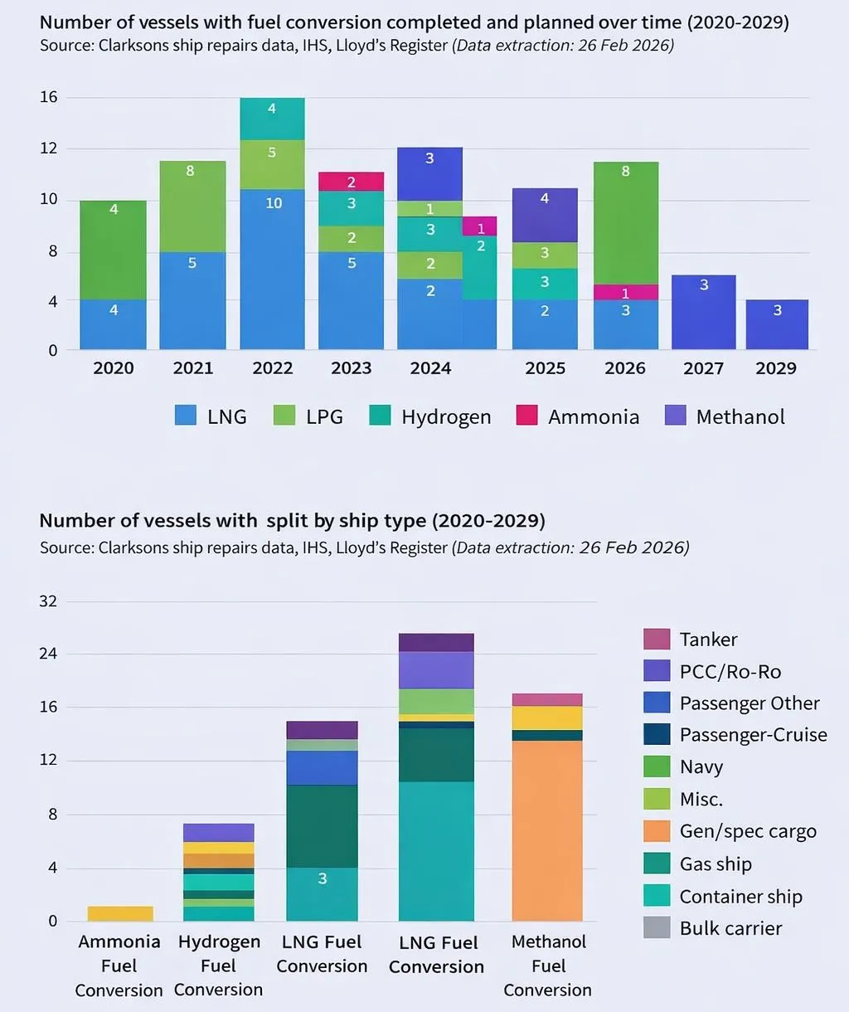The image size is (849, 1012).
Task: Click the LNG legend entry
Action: click(x=211, y=416)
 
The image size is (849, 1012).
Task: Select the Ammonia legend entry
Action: click(x=578, y=416)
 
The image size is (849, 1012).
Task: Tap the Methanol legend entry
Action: click(x=725, y=416)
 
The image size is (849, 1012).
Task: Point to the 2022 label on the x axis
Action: click(x=273, y=368)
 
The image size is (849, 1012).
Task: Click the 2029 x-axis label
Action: click(x=776, y=368)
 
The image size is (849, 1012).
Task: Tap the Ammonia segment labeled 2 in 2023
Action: click(x=352, y=182)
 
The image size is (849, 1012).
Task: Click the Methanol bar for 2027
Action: click(x=704, y=312)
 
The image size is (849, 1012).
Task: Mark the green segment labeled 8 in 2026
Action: click(x=626, y=222)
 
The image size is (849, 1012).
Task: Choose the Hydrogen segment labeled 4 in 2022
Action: click(x=273, y=119)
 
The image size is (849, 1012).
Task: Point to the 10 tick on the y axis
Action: click(x=49, y=199)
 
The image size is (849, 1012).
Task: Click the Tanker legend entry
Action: click(x=691, y=640)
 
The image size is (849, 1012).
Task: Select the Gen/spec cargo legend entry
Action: click(x=730, y=831)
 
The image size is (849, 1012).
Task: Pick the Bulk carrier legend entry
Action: click(x=713, y=928)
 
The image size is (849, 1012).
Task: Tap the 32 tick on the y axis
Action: click(x=48, y=601)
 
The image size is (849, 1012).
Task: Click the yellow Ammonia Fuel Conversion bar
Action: click(x=120, y=913)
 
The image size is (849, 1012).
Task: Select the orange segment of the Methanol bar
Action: click(x=548, y=830)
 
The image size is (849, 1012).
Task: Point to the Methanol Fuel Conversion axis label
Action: click(x=548, y=966)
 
